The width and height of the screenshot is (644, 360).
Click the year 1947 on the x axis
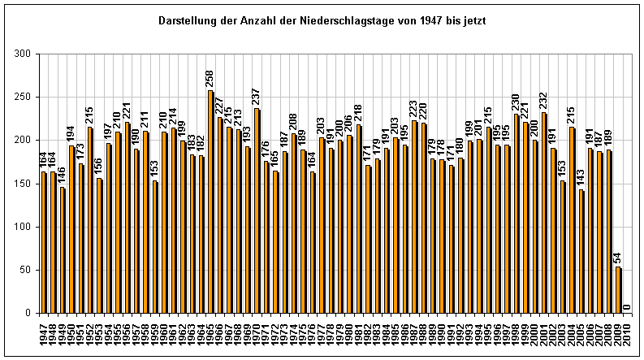click(x=44, y=332)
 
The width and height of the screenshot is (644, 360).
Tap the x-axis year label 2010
click(x=626, y=332)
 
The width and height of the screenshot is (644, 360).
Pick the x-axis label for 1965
click(x=210, y=332)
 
